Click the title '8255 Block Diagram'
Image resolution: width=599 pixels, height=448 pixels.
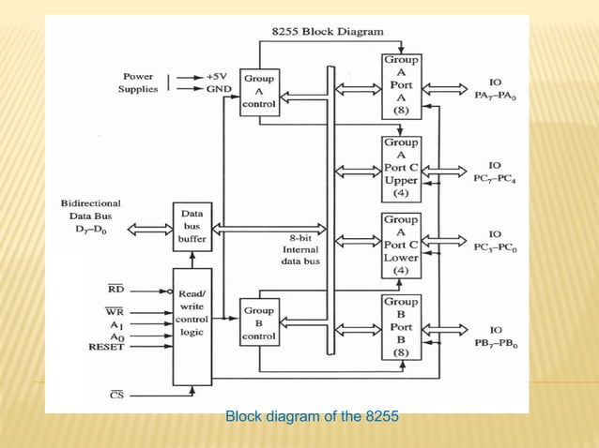327,31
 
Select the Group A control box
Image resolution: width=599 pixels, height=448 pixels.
258,92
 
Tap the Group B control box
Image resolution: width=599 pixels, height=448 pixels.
258,322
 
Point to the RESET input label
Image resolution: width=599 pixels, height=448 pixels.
106,346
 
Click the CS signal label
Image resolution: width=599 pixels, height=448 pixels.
115,395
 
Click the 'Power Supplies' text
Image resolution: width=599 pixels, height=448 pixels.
138,82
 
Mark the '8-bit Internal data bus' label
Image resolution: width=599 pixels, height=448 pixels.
301,250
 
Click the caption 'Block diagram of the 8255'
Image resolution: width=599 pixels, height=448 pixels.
312,416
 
